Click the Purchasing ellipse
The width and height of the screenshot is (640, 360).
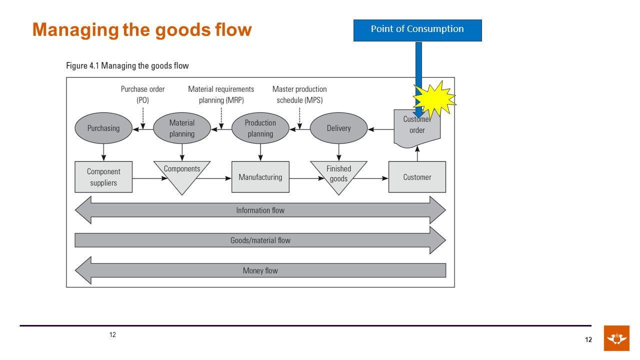[x=103, y=128]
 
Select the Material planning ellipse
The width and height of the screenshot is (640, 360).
[x=182, y=128]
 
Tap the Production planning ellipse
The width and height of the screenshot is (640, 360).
[x=260, y=128]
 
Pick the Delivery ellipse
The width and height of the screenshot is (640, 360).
[x=338, y=128]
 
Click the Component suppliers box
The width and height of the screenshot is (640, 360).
[x=103, y=177]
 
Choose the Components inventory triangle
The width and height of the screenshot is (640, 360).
[x=182, y=174]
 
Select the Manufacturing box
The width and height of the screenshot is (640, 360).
[x=260, y=177]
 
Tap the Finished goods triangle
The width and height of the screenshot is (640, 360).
[x=338, y=174]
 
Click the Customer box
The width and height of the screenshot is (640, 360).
[x=417, y=177]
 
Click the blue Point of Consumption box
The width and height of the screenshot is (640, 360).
[x=417, y=30]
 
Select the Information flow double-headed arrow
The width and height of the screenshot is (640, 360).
[x=260, y=210]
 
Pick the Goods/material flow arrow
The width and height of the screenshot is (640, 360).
[x=260, y=240]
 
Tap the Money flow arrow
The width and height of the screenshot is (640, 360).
[x=260, y=270]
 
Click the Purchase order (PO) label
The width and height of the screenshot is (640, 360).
[x=142, y=94]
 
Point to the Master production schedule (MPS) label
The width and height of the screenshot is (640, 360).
[x=299, y=94]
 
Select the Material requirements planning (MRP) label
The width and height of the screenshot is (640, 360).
[x=221, y=94]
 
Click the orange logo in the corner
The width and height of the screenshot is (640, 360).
[x=616, y=338]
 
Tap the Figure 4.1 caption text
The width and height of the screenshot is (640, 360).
[x=127, y=65]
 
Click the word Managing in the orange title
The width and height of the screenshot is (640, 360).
[x=75, y=30]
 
